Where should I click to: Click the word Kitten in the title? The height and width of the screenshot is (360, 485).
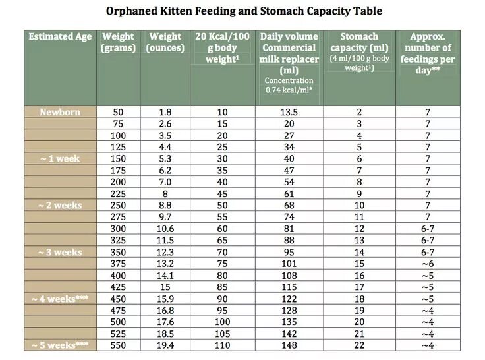175,11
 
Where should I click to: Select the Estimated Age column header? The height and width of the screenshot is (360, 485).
61,36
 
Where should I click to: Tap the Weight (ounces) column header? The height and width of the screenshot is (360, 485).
165,42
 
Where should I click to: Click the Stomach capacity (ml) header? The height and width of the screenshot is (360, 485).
359,42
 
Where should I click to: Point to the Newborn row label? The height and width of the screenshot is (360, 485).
60,112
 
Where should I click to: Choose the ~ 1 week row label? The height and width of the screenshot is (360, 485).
60,158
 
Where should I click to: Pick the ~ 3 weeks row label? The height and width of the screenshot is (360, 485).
60,252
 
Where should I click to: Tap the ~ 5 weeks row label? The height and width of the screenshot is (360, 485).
60,345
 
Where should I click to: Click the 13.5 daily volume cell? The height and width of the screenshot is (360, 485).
289,112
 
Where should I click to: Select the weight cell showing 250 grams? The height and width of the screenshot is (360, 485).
118,205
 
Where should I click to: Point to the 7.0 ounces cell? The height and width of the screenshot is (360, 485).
165,182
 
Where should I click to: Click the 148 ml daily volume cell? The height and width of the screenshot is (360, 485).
289,345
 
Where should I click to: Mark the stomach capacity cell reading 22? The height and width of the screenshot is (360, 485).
359,345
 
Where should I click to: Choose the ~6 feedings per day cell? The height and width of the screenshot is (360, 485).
428,264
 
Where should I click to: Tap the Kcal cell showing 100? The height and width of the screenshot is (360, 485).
222,322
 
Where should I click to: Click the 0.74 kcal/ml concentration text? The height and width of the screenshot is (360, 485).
289,90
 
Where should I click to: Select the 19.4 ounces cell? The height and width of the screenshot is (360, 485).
165,345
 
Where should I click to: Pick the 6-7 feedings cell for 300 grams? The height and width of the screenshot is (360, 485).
428,229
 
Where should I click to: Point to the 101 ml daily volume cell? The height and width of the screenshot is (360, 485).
289,264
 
